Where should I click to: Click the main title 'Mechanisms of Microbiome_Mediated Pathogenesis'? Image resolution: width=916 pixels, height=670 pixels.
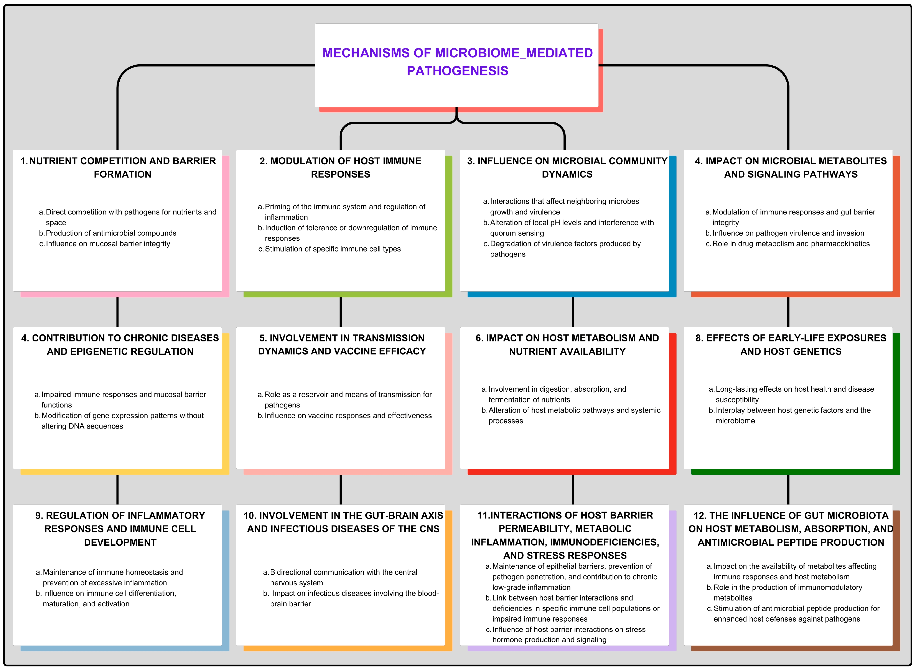point(457,62)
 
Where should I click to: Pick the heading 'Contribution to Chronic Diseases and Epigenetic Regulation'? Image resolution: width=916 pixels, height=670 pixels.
point(120,345)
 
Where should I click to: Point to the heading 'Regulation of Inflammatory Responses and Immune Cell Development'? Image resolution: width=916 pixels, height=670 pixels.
point(120,529)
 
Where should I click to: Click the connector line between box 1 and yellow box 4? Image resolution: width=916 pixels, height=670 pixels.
point(117,312)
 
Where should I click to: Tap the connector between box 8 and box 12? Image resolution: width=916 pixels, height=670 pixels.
point(788,490)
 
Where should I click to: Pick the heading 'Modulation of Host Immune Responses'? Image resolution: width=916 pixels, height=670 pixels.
point(340,168)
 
